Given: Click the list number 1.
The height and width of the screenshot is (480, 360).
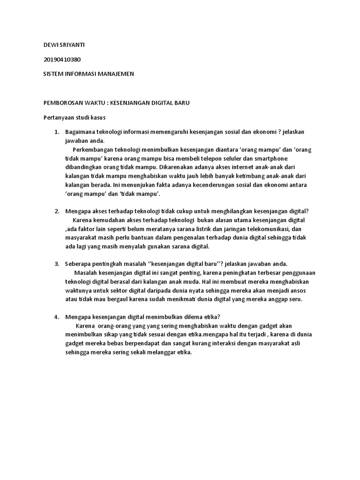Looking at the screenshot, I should click(x=57, y=132).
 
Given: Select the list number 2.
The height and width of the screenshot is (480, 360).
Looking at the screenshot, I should click(x=57, y=211).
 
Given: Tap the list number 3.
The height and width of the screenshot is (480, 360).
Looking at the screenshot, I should click(x=57, y=264).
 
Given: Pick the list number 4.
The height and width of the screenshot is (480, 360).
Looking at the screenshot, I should click(x=57, y=316).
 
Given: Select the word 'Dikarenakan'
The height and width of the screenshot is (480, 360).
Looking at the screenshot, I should click(x=177, y=167).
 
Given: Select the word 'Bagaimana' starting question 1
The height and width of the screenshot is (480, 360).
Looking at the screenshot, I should click(x=81, y=132).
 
